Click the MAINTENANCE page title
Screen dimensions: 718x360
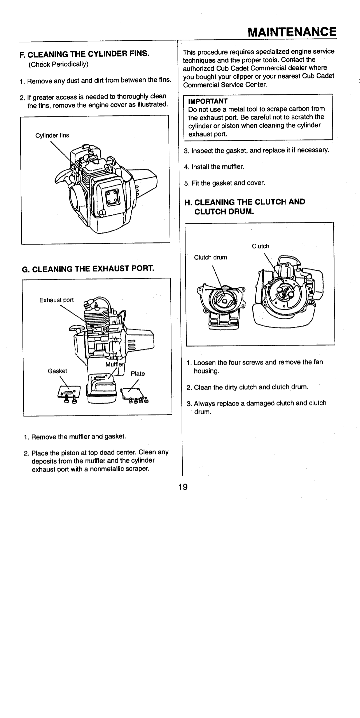pos(291,32)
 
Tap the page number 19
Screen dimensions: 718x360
pos(182,488)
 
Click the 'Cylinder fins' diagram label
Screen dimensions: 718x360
pos(52,135)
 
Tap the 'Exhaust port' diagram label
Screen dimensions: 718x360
pos(56,300)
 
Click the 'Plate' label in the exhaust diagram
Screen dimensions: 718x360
pos(138,374)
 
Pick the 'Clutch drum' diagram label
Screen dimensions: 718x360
pos(211,257)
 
